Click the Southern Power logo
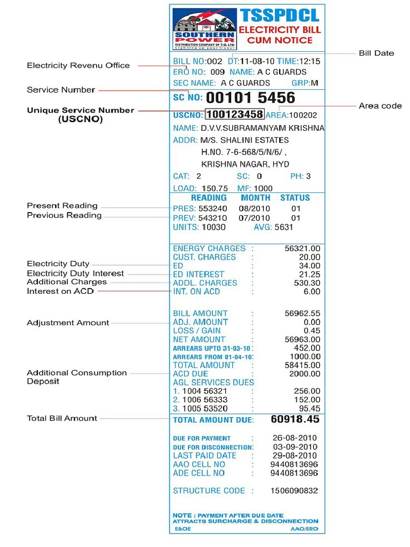coord(204,29)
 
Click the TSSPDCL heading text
coord(279,15)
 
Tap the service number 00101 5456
coord(250,98)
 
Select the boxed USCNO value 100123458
coord(234,114)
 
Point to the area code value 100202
coord(303,115)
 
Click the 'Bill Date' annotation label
coord(376,53)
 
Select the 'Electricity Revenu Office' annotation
coord(78,65)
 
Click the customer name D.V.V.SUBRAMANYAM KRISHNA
coord(262,128)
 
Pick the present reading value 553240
coord(212,208)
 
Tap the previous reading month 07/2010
coord(255,218)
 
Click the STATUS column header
coord(295,198)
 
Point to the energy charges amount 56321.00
coord(302,248)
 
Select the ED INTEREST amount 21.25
coord(310,274)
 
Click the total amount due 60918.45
coord(295,419)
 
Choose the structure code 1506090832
coord(294,490)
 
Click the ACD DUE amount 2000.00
coord(304,374)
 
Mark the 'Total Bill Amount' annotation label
coord(62,418)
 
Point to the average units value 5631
coord(284,227)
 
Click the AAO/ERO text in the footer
coord(304,529)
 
